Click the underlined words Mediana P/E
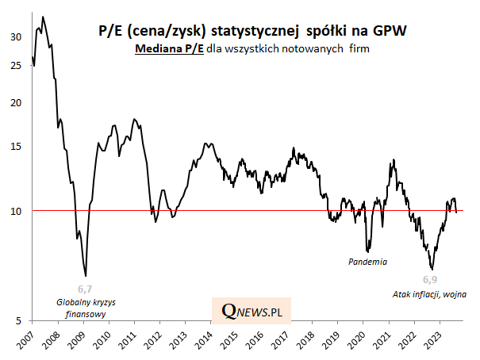(x=169, y=49)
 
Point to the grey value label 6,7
(x=84, y=289)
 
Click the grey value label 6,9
(x=429, y=280)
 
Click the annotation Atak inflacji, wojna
(x=428, y=294)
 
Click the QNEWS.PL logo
(x=252, y=312)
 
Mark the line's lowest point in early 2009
(x=85, y=275)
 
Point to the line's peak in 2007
(x=42, y=17)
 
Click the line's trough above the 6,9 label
(x=431, y=269)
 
